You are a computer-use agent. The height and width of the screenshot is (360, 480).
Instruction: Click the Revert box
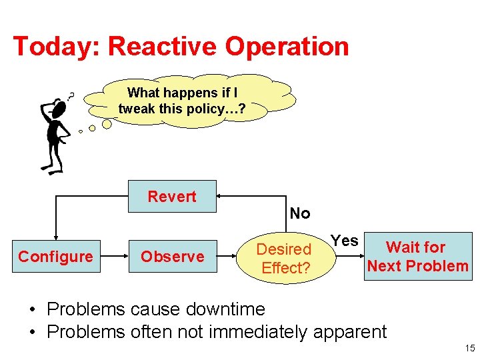pos(172,196)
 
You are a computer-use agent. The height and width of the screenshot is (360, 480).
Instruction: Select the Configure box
pos(55,257)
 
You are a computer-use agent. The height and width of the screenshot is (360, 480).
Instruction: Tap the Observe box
pos(172,257)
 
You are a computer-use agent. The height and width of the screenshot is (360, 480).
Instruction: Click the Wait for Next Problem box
pos(417,257)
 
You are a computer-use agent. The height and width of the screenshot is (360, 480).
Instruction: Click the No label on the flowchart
pos(300,213)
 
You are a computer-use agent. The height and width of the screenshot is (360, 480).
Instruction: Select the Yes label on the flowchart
pos(345,241)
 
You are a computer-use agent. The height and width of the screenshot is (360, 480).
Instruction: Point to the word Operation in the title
pos(287,47)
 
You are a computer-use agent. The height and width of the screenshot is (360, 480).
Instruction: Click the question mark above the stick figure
pos(71,97)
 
